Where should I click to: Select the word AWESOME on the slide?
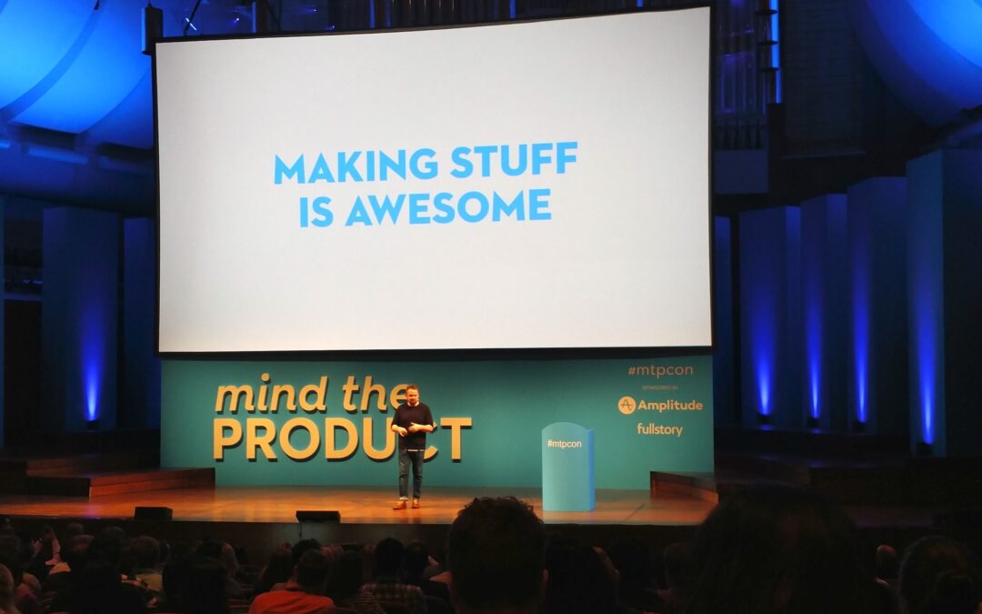click(x=448, y=207)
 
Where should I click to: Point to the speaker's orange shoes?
click(x=406, y=503)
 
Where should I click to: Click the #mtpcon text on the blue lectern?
click(x=565, y=444)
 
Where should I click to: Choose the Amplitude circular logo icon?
click(x=626, y=405)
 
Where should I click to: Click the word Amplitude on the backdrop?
click(x=669, y=406)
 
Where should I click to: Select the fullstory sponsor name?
click(x=659, y=429)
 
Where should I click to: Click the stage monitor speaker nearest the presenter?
click(x=317, y=516)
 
